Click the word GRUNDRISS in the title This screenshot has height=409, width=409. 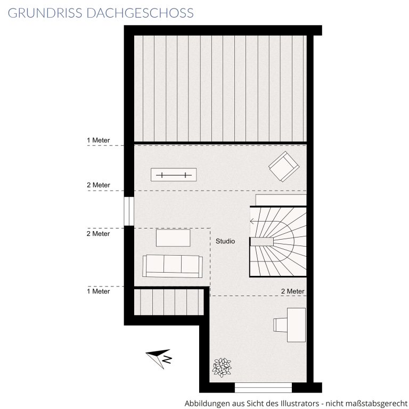pyautogui.click(x=45, y=13)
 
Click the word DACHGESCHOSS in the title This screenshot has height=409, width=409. pyautogui.click(x=140, y=13)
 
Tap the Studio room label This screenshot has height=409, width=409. pyautogui.click(x=225, y=241)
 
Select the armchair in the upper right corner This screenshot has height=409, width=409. pyautogui.click(x=284, y=166)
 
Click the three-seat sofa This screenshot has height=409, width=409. pyautogui.click(x=173, y=266)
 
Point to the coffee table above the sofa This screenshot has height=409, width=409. pyautogui.click(x=173, y=238)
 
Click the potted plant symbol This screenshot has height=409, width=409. pyautogui.click(x=222, y=367)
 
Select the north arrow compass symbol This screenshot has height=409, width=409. pyautogui.click(x=159, y=358)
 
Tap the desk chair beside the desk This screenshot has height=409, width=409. pyautogui.click(x=280, y=325)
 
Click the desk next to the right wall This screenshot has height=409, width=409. pyautogui.click(x=296, y=325)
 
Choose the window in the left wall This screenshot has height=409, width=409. pyautogui.click(x=129, y=211)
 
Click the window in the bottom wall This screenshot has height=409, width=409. pyautogui.click(x=263, y=388)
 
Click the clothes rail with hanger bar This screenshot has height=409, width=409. pyautogui.click(x=174, y=175)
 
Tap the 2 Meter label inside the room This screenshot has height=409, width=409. pyautogui.click(x=293, y=291)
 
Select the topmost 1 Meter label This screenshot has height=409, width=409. pyautogui.click(x=99, y=141)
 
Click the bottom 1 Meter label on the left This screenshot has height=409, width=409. pyautogui.click(x=99, y=291)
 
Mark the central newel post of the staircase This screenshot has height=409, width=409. pyautogui.click(x=262, y=242)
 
